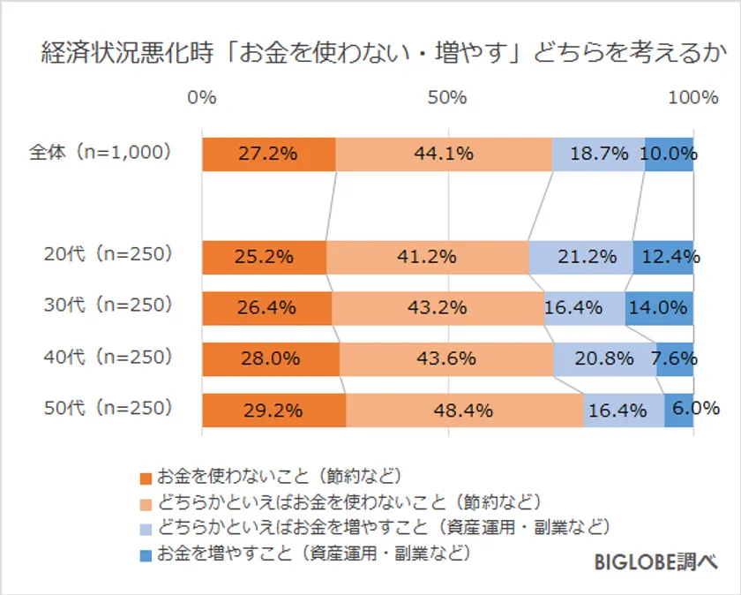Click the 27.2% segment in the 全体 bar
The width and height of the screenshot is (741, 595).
268,154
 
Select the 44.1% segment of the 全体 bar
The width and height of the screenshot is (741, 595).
444,154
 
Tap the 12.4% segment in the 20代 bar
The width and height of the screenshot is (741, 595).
663,257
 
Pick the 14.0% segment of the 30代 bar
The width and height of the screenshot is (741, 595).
659,308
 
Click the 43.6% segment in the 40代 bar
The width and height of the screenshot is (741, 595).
446,359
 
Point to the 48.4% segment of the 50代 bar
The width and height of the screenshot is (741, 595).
464,410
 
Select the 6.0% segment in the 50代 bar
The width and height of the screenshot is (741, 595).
679,410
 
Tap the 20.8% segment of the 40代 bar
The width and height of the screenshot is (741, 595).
604,359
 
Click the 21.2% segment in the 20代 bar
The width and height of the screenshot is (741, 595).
580,257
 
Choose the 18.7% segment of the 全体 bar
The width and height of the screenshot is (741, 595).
598,154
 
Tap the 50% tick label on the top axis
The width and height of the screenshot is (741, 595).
447,97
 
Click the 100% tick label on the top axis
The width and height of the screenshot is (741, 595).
692,97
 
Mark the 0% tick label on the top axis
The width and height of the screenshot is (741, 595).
202,97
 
